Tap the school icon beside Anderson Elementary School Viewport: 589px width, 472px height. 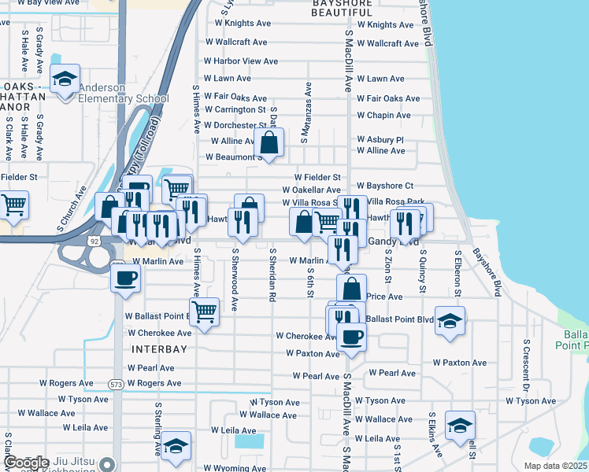pyautogui.click(x=65, y=79)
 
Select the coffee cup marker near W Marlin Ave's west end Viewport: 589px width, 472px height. pyautogui.click(x=126, y=277)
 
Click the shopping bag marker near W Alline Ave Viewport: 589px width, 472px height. pyautogui.click(x=269, y=143)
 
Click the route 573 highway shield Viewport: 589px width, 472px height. pyautogui.click(x=116, y=383)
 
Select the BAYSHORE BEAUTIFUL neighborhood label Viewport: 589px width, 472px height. pyautogui.click(x=352, y=8)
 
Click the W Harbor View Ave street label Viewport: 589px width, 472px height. pyautogui.click(x=241, y=61)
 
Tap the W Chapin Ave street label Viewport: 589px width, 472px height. pyautogui.click(x=383, y=115)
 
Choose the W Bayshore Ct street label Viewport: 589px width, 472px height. pyautogui.click(x=385, y=186)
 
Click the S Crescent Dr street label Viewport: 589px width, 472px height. pyautogui.click(x=525, y=366)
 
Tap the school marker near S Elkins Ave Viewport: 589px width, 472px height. pyautogui.click(x=460, y=426)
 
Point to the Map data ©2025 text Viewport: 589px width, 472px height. pyautogui.click(x=556, y=466)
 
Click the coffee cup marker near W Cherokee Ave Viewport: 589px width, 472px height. pyautogui.click(x=351, y=337)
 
